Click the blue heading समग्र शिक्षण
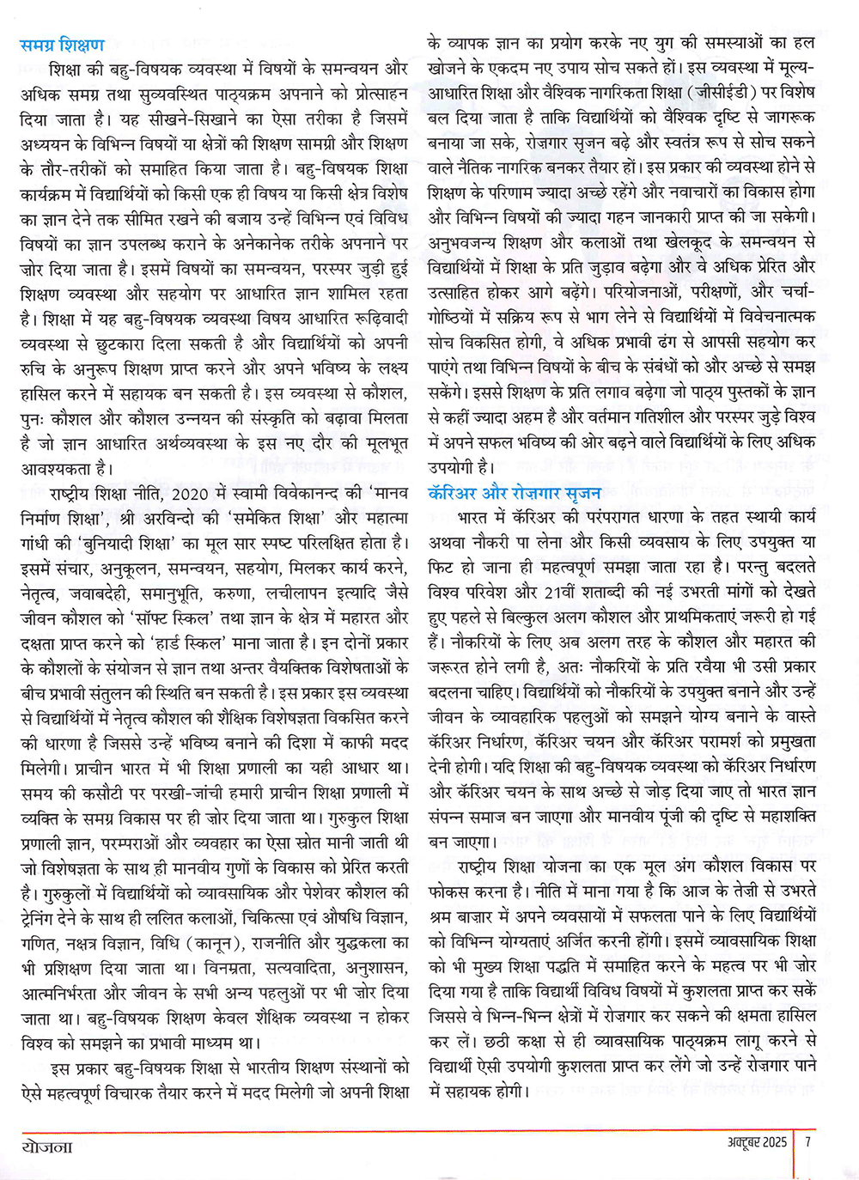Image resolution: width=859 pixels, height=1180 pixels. pyautogui.click(x=62, y=45)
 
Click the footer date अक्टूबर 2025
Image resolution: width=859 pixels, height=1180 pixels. pyautogui.click(x=744, y=1143)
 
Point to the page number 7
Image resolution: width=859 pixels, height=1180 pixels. pyautogui.click(x=808, y=1143)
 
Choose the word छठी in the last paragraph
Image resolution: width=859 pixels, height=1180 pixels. pyautogui.click(x=497, y=1041)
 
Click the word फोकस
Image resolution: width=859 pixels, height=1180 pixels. pyautogui.click(x=450, y=891)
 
